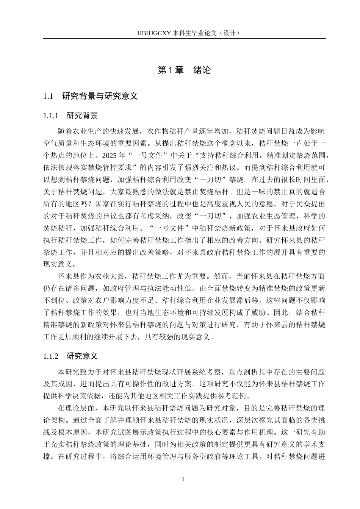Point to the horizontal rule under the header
(x=184, y=39)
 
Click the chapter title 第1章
(x=171, y=70)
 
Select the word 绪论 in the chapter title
(x=202, y=70)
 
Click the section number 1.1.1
(x=51, y=116)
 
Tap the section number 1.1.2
(x=51, y=356)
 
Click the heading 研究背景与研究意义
(x=100, y=96)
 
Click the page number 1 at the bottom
(x=183, y=480)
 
